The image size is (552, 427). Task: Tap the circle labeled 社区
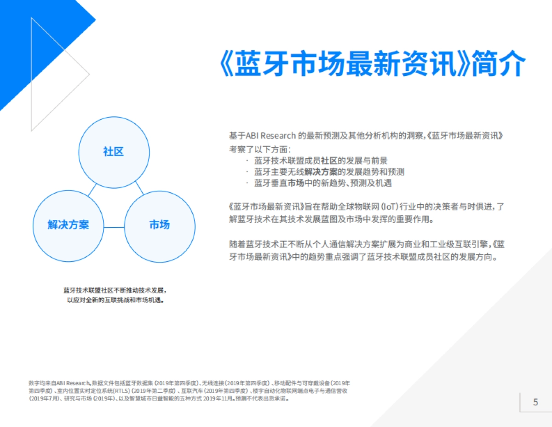click(x=114, y=151)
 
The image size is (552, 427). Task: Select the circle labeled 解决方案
click(x=69, y=225)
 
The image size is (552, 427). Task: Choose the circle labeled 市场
click(x=160, y=225)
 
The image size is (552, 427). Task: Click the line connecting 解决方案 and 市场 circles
click(x=114, y=227)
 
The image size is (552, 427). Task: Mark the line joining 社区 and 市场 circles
click(x=139, y=187)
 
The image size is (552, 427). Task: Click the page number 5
click(x=535, y=402)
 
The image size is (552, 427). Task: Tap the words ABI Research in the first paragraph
click(x=270, y=136)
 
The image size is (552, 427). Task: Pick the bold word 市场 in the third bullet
click(x=296, y=183)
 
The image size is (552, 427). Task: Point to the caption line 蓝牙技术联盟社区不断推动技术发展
click(x=115, y=291)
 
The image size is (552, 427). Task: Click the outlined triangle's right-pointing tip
click(x=88, y=73)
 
